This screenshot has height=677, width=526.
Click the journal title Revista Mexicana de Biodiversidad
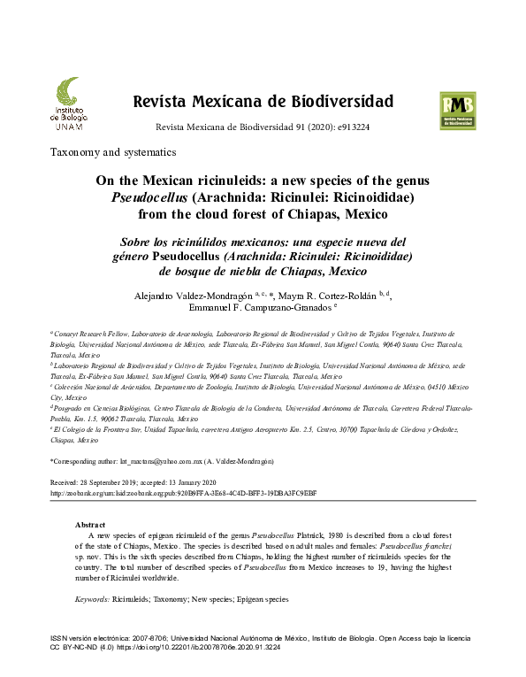(x=263, y=100)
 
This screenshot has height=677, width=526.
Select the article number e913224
(x=349, y=127)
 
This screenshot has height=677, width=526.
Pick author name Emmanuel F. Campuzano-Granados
(x=259, y=309)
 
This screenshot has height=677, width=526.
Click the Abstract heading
(x=91, y=525)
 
